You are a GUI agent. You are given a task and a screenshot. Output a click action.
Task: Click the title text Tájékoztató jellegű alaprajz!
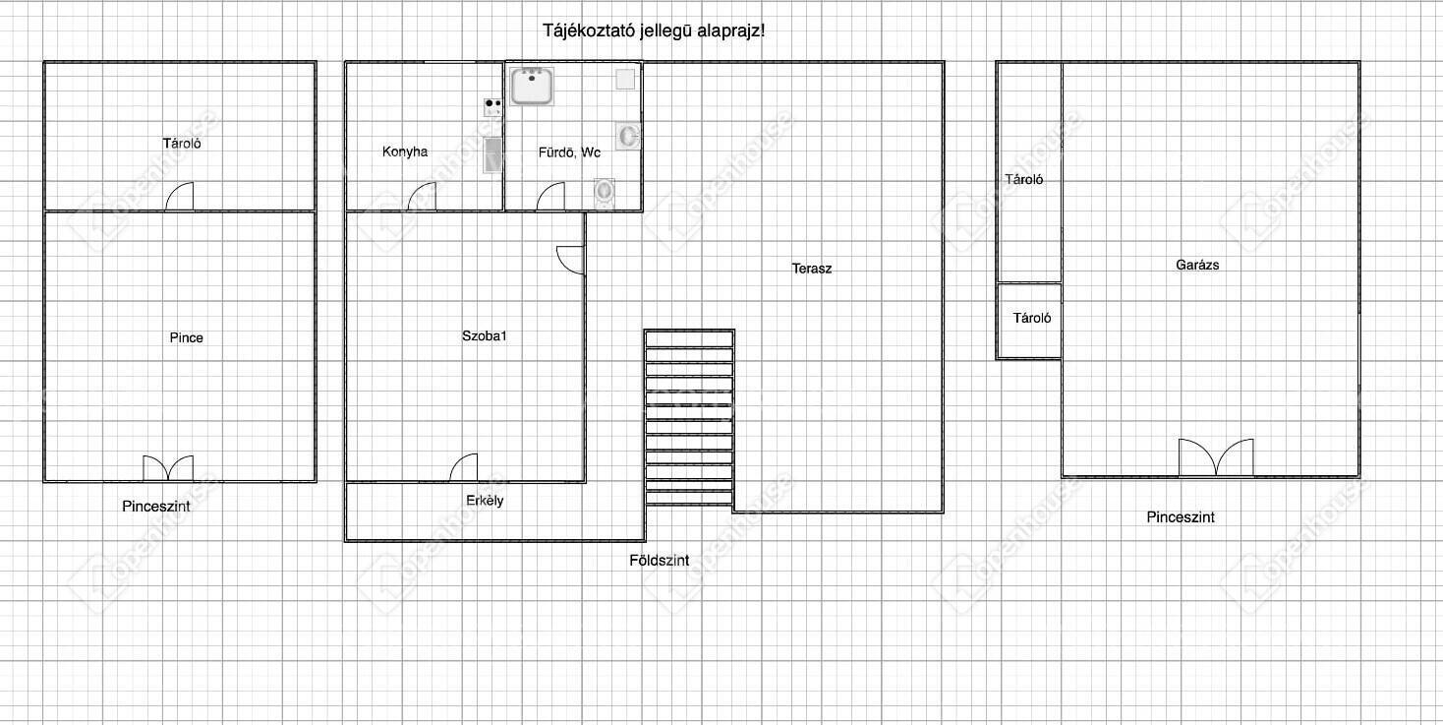coord(654,30)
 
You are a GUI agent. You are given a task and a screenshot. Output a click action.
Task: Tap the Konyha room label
coord(405,152)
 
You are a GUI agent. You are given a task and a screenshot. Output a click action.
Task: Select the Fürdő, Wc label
coord(569,152)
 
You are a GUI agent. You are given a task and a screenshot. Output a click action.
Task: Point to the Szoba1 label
coord(484,335)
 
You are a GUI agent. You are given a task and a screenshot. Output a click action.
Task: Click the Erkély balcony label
coord(485,501)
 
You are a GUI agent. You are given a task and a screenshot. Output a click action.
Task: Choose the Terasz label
coord(812,269)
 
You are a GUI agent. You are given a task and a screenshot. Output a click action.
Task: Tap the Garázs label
coord(1197,265)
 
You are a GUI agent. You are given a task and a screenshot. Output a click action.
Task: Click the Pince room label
coord(186,337)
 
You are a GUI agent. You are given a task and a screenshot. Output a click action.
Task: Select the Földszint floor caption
coord(659,561)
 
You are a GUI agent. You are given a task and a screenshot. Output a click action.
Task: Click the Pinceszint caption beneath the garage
coord(1181,517)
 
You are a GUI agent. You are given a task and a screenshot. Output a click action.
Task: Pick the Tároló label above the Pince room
coord(182,143)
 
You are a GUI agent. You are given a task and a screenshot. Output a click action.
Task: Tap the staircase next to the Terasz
coord(689,418)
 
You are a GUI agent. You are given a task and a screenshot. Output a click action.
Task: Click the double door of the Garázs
coord(1216,457)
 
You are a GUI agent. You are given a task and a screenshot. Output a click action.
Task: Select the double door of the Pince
coord(167,468)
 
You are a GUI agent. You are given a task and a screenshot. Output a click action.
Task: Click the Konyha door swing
coord(422,197)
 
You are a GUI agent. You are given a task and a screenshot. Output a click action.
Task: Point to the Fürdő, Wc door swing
coord(550,197)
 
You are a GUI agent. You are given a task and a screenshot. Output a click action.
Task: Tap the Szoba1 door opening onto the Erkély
coord(464,468)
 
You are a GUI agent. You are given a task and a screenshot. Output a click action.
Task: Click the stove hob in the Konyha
coord(492,107)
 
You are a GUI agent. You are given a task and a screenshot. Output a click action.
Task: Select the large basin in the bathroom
coord(532,86)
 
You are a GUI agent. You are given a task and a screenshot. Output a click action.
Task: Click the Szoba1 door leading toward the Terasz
coord(571,261)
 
